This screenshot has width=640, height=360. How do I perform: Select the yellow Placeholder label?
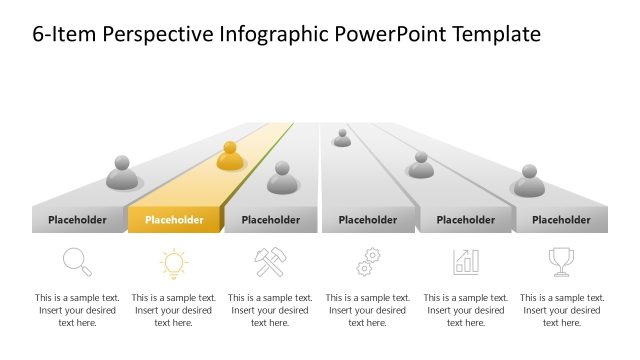pyautogui.click(x=174, y=220)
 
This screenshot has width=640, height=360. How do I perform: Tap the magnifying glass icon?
pyautogui.click(x=77, y=262)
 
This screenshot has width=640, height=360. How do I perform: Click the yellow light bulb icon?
pyautogui.click(x=174, y=263)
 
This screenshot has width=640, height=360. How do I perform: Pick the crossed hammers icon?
pyautogui.click(x=271, y=262)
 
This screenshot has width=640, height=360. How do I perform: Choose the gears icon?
pyautogui.click(x=368, y=263)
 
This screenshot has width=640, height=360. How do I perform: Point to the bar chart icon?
pyautogui.click(x=465, y=262)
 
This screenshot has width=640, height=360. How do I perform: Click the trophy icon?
pyautogui.click(x=561, y=262)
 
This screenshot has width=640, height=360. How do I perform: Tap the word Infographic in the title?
pyautogui.click(x=273, y=34)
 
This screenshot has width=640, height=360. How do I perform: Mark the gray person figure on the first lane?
pyautogui.click(x=122, y=173)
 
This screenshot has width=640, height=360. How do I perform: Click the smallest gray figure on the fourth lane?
pyautogui.click(x=342, y=138)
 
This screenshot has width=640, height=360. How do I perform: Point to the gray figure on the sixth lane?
pyautogui.click(x=529, y=181)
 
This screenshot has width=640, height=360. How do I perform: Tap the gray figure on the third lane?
pyautogui.click(x=283, y=178)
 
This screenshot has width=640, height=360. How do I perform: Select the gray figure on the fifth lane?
pyautogui.click(x=421, y=165)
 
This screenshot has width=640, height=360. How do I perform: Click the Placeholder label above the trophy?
pyautogui.click(x=561, y=220)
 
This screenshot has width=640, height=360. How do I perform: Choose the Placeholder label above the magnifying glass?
pyautogui.click(x=77, y=220)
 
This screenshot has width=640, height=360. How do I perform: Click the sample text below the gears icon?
pyautogui.click(x=368, y=310)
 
